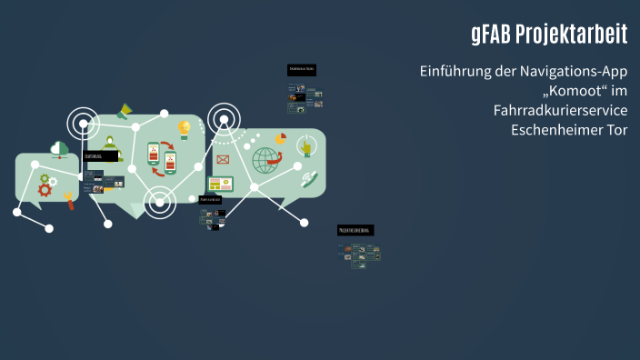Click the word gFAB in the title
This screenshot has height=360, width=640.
pyautogui.click(x=490, y=35)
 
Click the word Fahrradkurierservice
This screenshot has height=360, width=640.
pyautogui.click(x=560, y=110)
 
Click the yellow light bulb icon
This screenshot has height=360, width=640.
pyautogui.click(x=185, y=129)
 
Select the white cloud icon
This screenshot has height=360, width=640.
pyautogui.click(x=60, y=147)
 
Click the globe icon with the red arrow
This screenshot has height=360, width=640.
pyautogui.click(x=267, y=160)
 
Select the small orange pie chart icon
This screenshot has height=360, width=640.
pyautogui.click(x=281, y=139)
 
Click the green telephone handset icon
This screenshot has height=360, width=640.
pyautogui.click(x=308, y=179)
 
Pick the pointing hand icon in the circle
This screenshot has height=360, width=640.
pyautogui.click(x=306, y=145)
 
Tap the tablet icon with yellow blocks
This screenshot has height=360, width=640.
pyautogui.click(x=221, y=185)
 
